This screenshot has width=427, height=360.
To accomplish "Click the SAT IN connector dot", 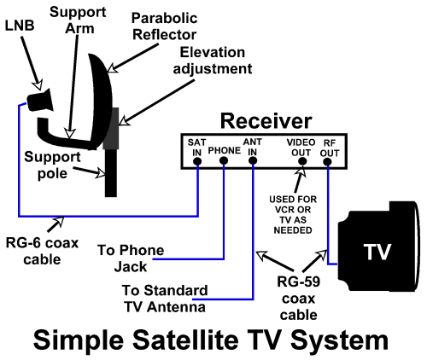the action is pos(197,161).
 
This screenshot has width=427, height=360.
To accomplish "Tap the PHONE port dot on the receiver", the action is pos(224,161).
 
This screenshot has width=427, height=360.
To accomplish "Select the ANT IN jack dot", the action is pos(253,161).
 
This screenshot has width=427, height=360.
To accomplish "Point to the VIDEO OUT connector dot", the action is pos(302,161).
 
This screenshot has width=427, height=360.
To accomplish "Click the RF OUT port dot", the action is pos(328,162).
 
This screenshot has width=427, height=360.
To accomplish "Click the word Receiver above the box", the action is pos(266,121).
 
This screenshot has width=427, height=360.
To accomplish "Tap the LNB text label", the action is pos(20,26).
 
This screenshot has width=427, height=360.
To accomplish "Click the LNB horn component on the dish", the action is pos(40,100).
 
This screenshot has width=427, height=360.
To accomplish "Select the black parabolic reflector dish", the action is pos(102,101).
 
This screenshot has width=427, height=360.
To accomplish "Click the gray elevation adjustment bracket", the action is pos(112,129).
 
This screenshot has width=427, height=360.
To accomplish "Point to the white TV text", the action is pos(377,252).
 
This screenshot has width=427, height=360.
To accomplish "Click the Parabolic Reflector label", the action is pos(165,26).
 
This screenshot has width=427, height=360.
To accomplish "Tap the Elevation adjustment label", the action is pos(213,61).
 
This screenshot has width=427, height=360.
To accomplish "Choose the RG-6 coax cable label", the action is pos(42,252).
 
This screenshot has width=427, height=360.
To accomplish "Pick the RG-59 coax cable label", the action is pos(298,299).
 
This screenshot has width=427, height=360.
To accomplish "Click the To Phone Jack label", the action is pos(131,258).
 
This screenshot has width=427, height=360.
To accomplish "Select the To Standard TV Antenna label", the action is pos(165,299).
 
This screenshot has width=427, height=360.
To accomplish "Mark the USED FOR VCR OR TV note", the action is pos(293,215).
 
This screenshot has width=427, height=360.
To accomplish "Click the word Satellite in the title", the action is pos(185,340).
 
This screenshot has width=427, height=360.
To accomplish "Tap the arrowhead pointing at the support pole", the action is pos(101,173).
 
